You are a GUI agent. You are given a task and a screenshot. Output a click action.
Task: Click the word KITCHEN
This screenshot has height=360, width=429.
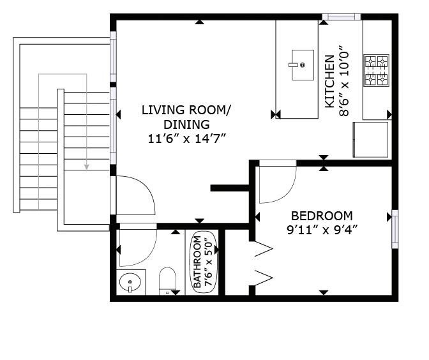pyautogui.click(x=329, y=82)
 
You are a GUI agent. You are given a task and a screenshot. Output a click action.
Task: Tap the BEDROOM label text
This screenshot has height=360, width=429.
pyautogui.click(x=322, y=216)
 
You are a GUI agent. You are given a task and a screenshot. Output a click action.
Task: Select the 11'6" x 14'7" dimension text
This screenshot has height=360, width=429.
pyautogui.click(x=187, y=139)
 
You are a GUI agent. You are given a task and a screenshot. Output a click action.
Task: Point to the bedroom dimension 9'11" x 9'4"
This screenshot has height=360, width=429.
pyautogui.click(x=322, y=230)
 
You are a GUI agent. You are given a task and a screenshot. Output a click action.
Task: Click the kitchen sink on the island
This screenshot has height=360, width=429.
pyautogui.click(x=303, y=65)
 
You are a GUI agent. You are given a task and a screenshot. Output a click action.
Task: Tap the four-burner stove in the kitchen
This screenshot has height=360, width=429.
pyautogui.click(x=376, y=70)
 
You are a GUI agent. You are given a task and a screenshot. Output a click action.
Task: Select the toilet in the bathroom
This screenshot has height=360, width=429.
pyautogui.click(x=167, y=281)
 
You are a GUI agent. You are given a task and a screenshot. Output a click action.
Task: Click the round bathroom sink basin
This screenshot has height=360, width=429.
pyautogui.click(x=130, y=282)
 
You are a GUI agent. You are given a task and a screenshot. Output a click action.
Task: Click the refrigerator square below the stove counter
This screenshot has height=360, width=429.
pyautogui.click(x=371, y=140)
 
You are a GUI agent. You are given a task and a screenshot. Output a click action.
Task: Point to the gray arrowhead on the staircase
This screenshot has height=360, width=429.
pyautogui.click(x=86, y=167)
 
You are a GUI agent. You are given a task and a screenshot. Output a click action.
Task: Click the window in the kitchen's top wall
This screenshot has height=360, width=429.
pyautogui.click(x=342, y=17)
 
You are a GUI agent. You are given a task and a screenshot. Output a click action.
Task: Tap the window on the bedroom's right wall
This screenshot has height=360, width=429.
pyautogui.click(x=395, y=229)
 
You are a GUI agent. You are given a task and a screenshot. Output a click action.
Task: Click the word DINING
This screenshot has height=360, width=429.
pyautogui.click(x=187, y=124)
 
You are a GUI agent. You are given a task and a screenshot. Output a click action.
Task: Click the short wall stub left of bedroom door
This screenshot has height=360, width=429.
pyautogui.click(x=230, y=188)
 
